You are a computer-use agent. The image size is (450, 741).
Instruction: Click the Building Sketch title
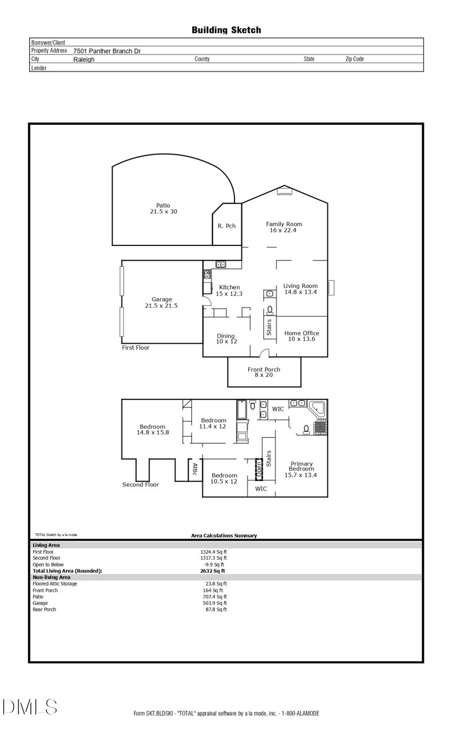[226, 30]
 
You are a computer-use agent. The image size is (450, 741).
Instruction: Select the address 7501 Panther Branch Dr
[107, 51]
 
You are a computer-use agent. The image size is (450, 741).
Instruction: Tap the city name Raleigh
[84, 59]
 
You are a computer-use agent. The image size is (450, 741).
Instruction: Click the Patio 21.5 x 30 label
[163, 209]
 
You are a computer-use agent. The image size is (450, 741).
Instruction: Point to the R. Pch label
[227, 226]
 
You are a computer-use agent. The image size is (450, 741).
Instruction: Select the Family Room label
[284, 227]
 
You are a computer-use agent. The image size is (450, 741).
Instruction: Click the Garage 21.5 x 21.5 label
[161, 303]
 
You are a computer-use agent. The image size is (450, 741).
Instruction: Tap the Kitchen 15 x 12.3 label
[229, 290]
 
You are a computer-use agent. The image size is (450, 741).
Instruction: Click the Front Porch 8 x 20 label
[264, 372]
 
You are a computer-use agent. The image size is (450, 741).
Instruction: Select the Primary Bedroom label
[301, 469]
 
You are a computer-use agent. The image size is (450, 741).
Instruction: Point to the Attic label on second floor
[195, 469]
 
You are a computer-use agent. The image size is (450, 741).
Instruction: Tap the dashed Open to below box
[259, 468]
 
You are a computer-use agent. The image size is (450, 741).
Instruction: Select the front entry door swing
[265, 353]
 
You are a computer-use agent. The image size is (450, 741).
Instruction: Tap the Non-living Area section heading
[52, 577]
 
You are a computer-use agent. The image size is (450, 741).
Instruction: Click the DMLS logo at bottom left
[29, 707]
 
